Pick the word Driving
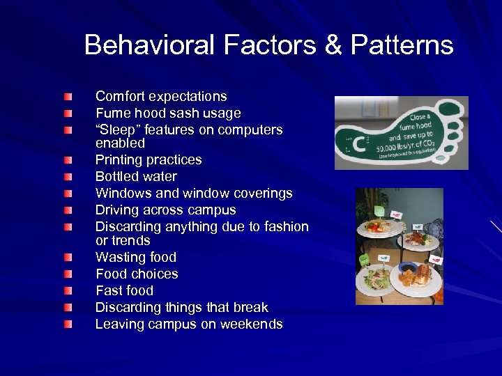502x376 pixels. point(117,210)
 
